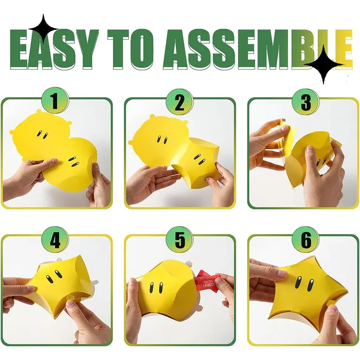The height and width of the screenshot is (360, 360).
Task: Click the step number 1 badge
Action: point(55,100)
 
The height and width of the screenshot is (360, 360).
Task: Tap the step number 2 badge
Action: point(180,102)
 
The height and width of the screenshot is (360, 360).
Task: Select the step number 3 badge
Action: point(306,102)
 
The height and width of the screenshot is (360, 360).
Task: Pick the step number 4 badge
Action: point(55,240)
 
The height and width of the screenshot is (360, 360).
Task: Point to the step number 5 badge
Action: point(180,240)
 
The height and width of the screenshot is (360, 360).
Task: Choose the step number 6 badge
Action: point(306,240)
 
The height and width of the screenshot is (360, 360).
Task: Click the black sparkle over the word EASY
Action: point(43,29)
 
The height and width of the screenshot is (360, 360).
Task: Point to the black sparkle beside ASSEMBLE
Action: point(324,64)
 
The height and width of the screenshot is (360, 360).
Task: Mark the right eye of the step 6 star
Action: point(311,285)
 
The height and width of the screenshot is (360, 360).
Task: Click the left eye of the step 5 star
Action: point(152,288)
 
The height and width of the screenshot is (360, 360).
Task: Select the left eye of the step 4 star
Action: point(50,279)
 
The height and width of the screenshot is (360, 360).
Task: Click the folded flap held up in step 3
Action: point(285,131)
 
